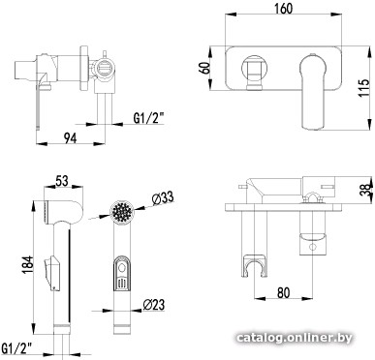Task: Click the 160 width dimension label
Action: click(x=284, y=9)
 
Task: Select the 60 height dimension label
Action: click(x=206, y=68)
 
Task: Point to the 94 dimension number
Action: click(x=71, y=138)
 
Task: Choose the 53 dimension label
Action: click(x=62, y=181)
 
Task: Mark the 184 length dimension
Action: click(x=28, y=265)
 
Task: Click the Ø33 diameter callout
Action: click(x=163, y=198)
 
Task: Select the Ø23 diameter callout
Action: click(x=153, y=304)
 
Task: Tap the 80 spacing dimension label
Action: click(x=283, y=292)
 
